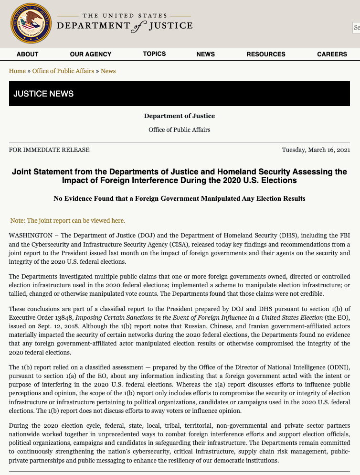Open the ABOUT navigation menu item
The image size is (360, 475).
(x=27, y=54)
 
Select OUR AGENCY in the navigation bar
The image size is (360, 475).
(x=91, y=54)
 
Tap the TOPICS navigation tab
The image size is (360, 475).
(x=154, y=54)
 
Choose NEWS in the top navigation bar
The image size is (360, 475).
(x=205, y=54)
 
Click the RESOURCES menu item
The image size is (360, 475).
(x=266, y=54)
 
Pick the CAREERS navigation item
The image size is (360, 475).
(x=332, y=54)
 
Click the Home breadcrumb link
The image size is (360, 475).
(x=17, y=71)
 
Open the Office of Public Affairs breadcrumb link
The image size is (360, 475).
(x=63, y=71)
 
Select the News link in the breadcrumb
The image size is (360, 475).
(x=108, y=71)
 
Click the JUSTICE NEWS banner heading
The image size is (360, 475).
(x=43, y=94)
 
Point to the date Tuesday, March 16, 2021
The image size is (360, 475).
(x=316, y=150)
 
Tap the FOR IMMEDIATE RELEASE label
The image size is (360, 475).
(x=49, y=150)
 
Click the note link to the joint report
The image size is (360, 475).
(x=68, y=221)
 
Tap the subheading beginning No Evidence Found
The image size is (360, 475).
(x=180, y=198)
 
